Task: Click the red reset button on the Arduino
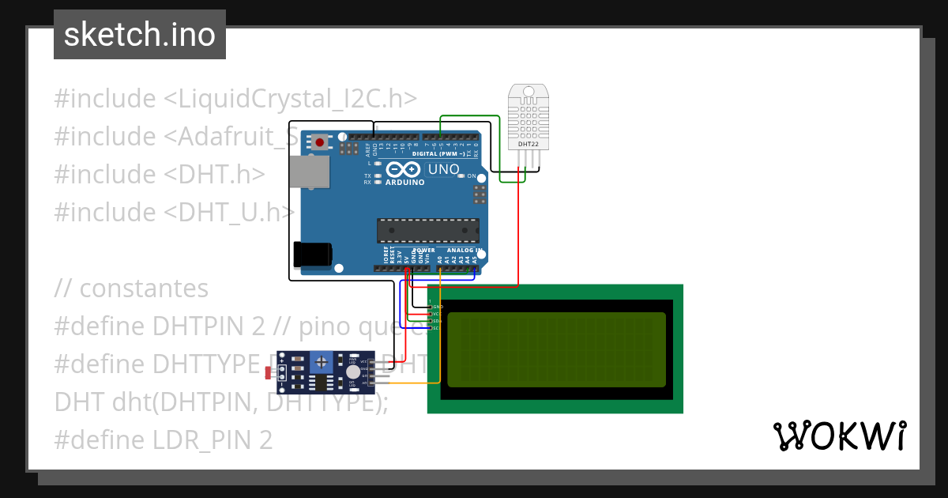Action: click(320, 142)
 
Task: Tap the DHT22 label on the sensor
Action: click(527, 145)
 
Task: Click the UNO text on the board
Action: click(443, 169)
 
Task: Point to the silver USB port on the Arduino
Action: click(309, 172)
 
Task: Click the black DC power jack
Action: click(312, 254)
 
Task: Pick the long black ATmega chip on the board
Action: click(427, 229)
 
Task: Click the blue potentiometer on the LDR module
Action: click(322, 362)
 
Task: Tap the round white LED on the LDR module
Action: click(353, 372)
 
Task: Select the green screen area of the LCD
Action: click(556, 349)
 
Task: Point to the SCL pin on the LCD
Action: click(437, 328)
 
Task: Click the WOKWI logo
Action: click(839, 436)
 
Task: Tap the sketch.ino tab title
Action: click(140, 35)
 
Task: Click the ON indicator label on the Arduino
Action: click(472, 175)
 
